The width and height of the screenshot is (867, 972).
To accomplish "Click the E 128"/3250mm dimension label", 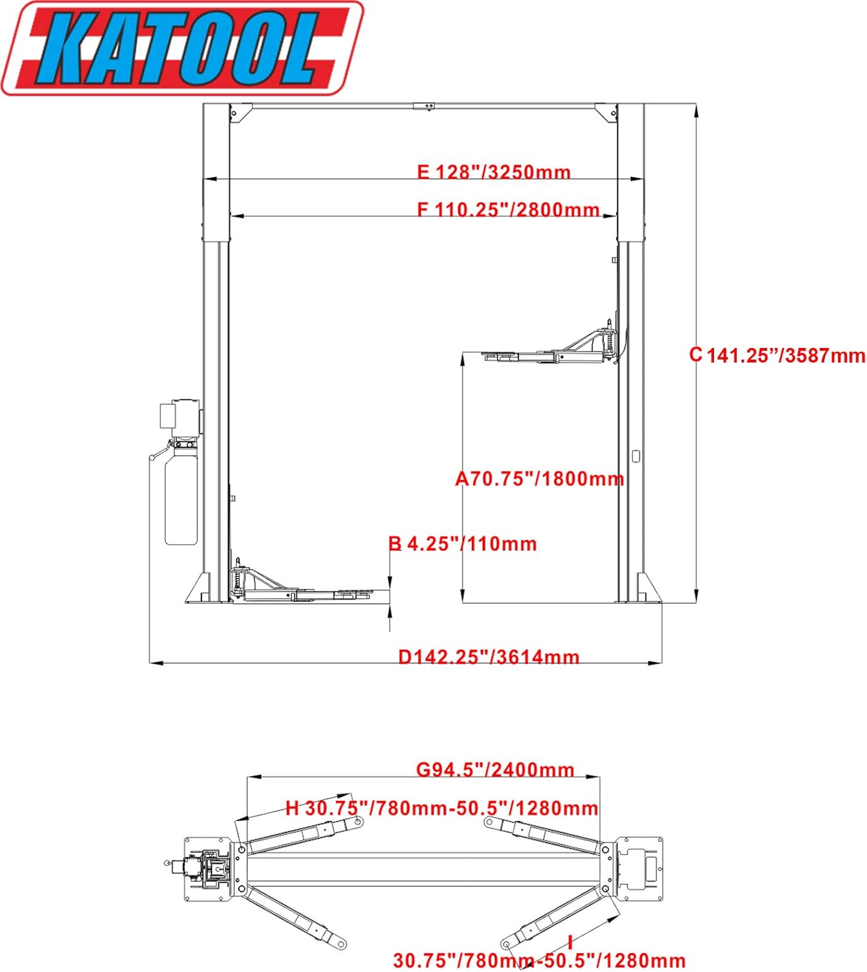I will coord(494,172).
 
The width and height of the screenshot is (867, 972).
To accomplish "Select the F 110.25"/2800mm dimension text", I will coord(508,210).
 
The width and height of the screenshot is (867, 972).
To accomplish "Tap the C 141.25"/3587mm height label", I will coord(777,355).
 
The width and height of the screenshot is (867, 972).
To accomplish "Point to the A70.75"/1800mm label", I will coord(540,479).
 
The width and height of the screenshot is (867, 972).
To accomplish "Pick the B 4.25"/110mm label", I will coord(463,544).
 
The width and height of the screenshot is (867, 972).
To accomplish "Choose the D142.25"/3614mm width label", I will coord(489,657).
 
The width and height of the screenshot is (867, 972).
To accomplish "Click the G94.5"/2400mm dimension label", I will coord(495,770).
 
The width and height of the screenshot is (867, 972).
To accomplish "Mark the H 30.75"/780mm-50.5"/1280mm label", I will coord(442,808).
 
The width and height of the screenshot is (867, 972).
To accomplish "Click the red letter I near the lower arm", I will coord(570,943).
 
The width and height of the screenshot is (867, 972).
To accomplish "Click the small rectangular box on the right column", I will coord(636,456).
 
